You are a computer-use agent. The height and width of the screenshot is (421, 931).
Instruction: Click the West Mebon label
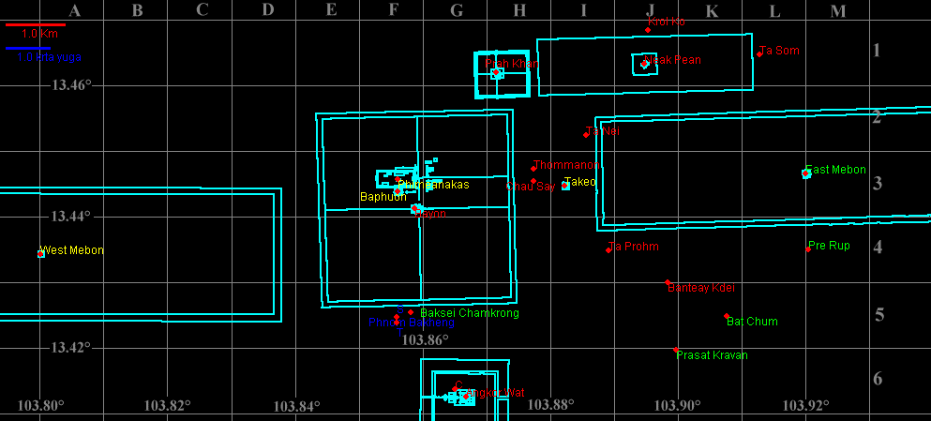point(72,250)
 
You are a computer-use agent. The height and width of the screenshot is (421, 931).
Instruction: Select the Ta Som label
point(780,51)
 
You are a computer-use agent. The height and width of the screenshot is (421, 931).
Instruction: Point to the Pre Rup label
point(828,247)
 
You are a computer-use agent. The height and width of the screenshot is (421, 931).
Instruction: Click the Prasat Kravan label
point(713,355)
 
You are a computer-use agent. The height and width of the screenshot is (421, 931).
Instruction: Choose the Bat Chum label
point(753,322)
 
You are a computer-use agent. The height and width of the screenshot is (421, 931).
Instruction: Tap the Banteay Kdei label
point(702,288)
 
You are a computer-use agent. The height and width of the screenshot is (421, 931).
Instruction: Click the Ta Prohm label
point(635,247)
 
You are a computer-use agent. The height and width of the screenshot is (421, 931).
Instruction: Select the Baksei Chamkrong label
point(470,313)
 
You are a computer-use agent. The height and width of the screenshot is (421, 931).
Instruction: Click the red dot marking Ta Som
point(759,54)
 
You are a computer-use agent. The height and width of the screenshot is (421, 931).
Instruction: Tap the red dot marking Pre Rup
point(809,249)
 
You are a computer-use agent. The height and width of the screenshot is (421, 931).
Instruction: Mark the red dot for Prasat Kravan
point(676,350)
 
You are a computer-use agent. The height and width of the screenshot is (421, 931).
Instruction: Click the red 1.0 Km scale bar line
point(35,24)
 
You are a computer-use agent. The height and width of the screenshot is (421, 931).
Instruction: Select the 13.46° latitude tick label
point(71,84)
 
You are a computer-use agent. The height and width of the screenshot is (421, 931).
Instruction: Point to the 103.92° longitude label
point(805,406)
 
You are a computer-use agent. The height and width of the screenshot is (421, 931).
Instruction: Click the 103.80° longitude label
point(40,406)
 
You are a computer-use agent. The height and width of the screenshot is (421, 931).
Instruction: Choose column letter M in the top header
point(838,11)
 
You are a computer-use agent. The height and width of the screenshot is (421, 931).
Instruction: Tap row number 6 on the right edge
point(878,379)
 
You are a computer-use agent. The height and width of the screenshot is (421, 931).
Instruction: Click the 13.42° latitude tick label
point(71,347)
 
